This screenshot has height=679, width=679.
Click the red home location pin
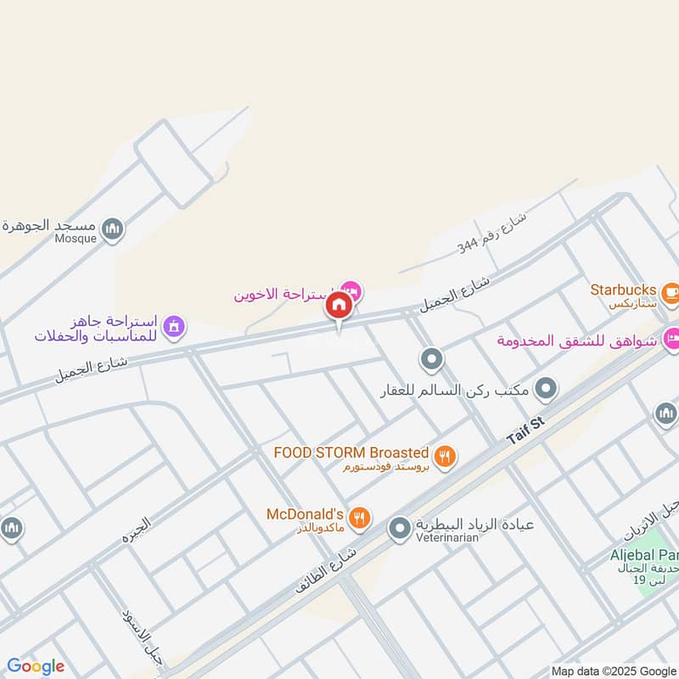click(339, 306)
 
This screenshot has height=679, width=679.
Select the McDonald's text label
click(304, 514)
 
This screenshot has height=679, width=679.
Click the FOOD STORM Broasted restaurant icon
click(446, 457)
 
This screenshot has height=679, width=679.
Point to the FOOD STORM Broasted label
click(351, 453)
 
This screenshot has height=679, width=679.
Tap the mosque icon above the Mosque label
click(112, 228)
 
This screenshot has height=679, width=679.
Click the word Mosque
click(77, 239)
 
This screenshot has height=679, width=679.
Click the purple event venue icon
click(174, 326)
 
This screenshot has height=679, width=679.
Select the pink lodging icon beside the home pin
click(351, 292)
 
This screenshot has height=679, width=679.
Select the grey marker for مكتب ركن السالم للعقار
click(547, 390)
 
